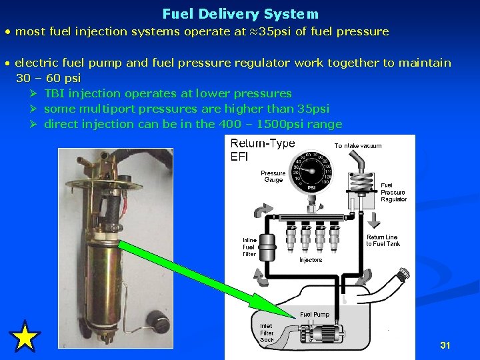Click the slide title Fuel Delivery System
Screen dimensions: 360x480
point(240,13)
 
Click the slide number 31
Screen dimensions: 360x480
point(445,345)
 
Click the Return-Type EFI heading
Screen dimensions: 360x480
point(263,151)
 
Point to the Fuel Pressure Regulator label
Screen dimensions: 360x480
point(393,192)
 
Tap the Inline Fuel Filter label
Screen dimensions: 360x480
point(249,247)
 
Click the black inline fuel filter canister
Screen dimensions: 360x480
point(267,247)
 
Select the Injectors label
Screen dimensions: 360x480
point(310,260)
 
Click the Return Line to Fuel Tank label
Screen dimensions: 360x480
point(383,240)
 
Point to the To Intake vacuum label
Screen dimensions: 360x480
point(358,145)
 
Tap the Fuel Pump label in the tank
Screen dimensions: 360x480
point(314,314)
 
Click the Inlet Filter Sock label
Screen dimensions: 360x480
point(267,333)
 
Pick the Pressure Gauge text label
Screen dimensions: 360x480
point(273,177)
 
